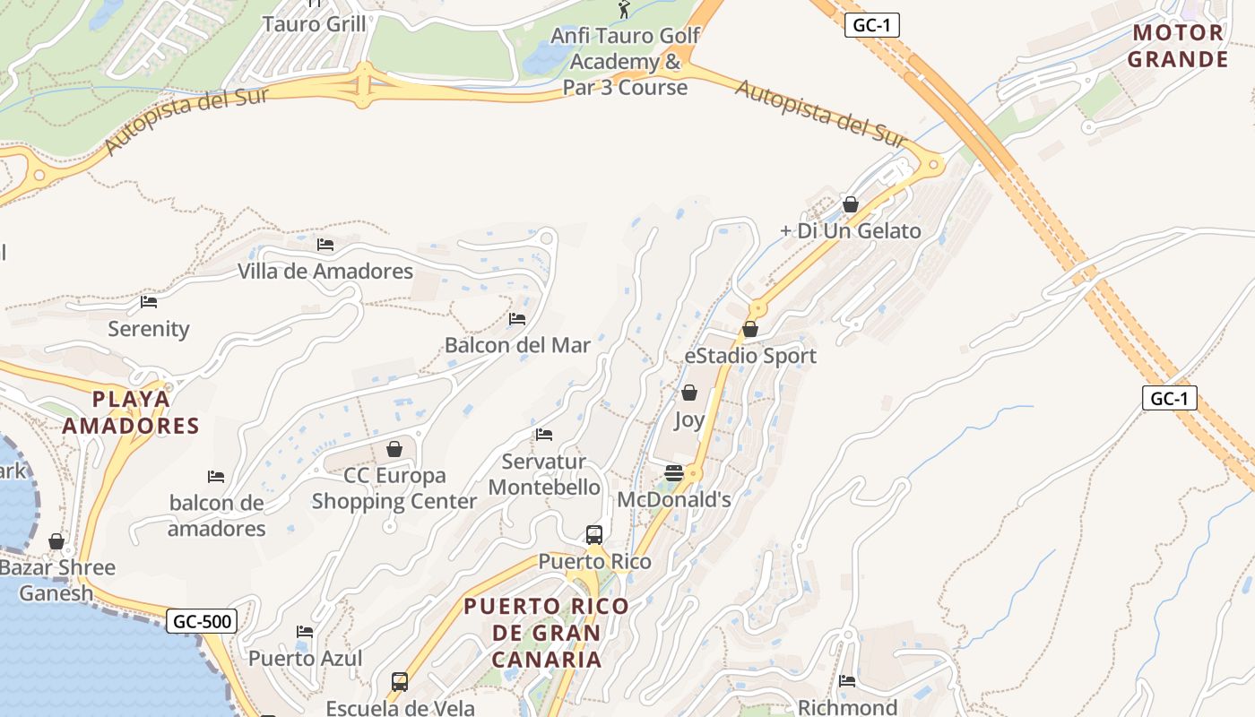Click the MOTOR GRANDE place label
1178,47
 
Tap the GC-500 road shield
203,621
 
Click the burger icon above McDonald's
674,473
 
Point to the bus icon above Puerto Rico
593,535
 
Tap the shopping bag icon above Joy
689,393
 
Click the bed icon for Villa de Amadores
325,244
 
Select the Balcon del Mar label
517,345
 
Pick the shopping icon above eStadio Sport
750,330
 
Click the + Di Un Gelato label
850,231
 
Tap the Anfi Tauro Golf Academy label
625,61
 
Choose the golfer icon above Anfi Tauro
625,10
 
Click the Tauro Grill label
314,24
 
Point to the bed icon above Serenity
149,302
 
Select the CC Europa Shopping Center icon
394,449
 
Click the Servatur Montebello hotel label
544,475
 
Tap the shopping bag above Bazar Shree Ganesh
56,541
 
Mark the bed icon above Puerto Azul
305,632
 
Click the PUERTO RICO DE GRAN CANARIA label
546,633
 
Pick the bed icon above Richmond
847,681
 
